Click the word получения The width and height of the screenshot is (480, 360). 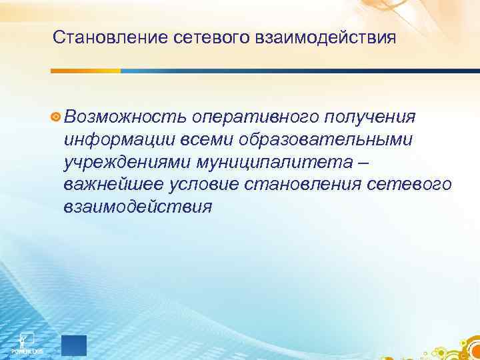pyautogui.click(x=371, y=117)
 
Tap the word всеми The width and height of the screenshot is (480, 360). pyautogui.click(x=193, y=140)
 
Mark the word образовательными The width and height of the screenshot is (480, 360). pyautogui.click(x=319, y=140)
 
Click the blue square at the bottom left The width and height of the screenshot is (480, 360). pyautogui.click(x=73, y=345)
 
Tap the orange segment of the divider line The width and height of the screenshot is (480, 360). pyautogui.click(x=86, y=71)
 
